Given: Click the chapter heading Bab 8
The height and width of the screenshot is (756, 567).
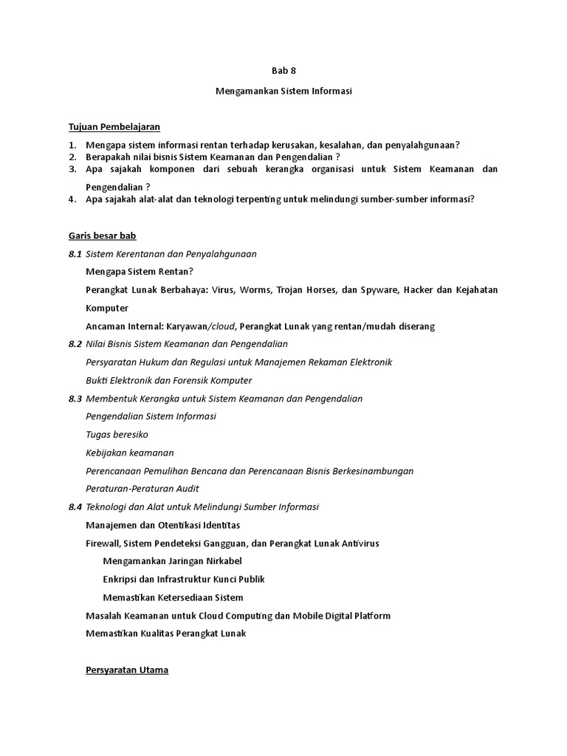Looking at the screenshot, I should click(x=283, y=71).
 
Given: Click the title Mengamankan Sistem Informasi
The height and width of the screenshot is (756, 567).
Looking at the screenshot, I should click(x=283, y=92).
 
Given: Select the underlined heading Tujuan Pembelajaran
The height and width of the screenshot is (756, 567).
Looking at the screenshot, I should click(x=114, y=127).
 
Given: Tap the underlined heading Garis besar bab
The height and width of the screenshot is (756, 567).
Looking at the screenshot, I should click(x=102, y=236).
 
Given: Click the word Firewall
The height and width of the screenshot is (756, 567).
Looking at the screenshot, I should click(x=103, y=543).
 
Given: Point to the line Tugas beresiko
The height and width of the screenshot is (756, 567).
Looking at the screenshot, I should click(x=117, y=435).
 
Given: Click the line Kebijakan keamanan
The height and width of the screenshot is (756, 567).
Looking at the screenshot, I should click(x=130, y=453).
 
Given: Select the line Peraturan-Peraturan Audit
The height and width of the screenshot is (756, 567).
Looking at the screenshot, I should click(x=142, y=489).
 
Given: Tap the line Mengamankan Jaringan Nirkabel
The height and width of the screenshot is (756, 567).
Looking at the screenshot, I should click(x=172, y=561).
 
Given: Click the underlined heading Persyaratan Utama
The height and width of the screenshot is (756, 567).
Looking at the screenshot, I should click(x=127, y=670).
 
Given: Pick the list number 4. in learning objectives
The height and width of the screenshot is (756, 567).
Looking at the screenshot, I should click(x=72, y=199).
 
